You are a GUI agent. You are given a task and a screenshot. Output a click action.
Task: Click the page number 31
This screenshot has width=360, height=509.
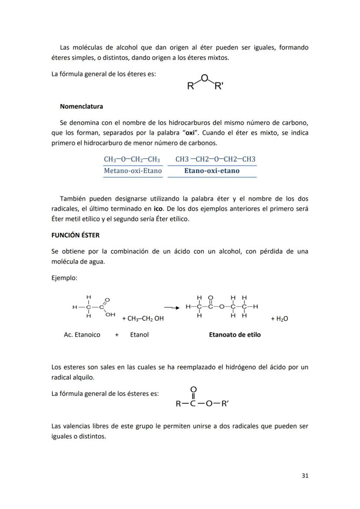pos(304,476)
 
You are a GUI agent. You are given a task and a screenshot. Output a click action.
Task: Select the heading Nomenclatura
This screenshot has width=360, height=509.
pos(81,106)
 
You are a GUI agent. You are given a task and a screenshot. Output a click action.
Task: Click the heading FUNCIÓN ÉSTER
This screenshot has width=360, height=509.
pos(75,235)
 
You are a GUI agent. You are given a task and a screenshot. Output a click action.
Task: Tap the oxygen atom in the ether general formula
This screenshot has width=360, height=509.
pos(204,78)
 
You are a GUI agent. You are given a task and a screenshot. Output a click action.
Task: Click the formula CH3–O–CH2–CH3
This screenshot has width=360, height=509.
pos(132,159)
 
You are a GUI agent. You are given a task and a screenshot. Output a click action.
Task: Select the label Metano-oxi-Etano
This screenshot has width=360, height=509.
pos(133,171)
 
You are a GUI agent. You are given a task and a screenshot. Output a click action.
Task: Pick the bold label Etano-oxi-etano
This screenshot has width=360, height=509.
pos(212,171)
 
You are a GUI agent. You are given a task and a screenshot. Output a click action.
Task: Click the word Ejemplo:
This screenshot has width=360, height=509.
pos(64,278)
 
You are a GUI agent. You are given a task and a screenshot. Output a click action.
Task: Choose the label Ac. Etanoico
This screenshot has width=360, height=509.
pos(82,335)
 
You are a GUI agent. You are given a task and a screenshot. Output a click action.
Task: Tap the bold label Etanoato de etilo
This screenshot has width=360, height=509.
pos(235,335)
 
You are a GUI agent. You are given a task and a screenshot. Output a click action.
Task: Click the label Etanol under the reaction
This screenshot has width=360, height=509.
pos(139,335)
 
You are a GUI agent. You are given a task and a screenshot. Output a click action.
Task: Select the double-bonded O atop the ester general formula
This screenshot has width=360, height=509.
pos(193,389)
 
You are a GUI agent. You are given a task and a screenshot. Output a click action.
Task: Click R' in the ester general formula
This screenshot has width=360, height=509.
pos(225,404)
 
